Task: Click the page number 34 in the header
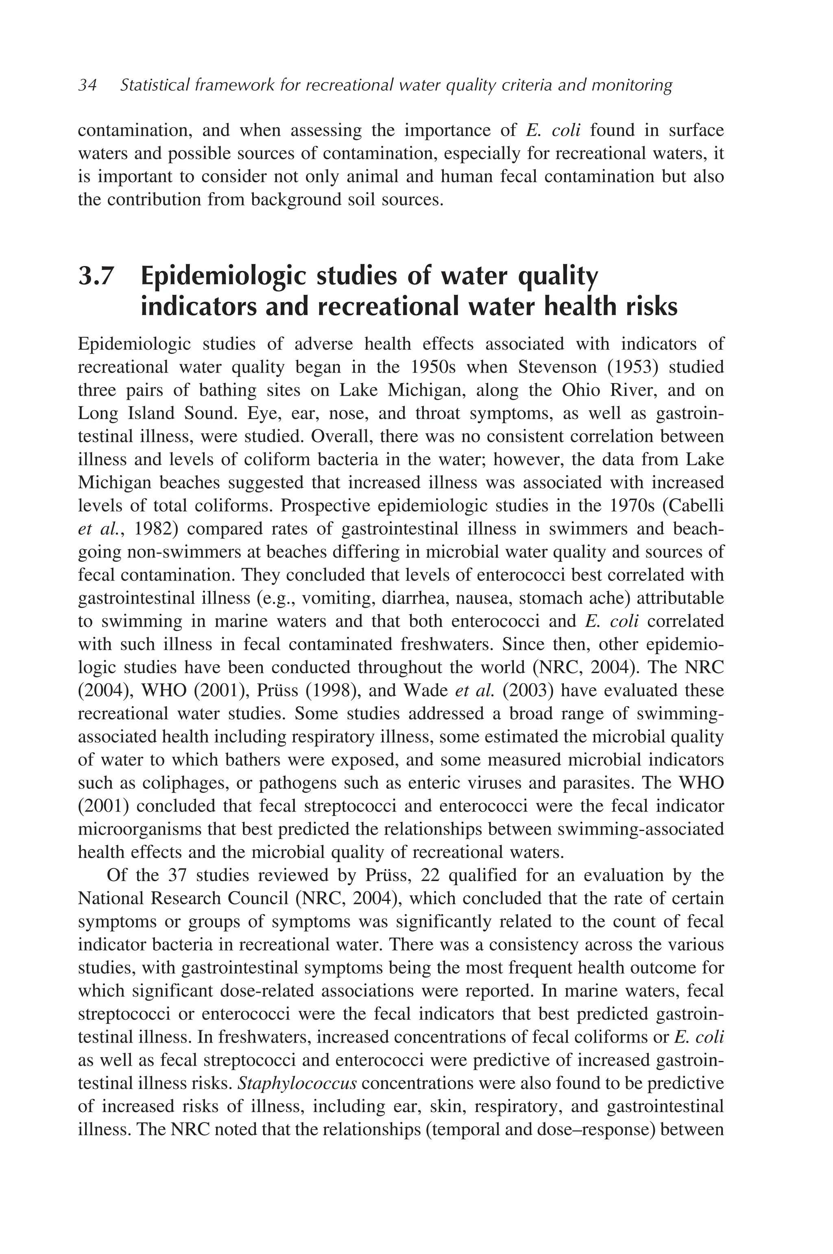pyautogui.click(x=87, y=85)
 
